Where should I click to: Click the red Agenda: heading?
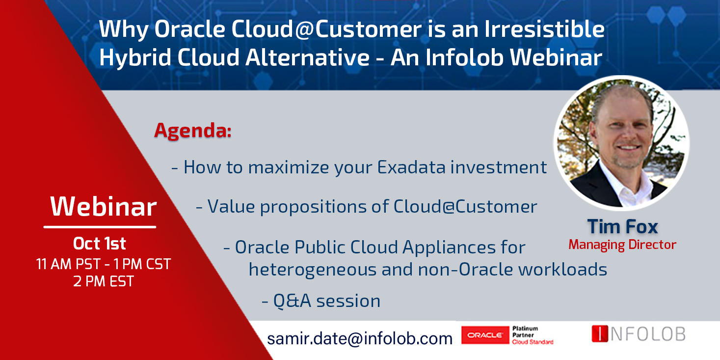click(193, 131)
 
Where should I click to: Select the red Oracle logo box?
click(485, 335)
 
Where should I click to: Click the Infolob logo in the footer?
click(639, 333)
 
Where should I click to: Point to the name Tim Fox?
click(623, 226)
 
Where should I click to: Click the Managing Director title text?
click(622, 245)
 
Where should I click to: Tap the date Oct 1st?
click(99, 244)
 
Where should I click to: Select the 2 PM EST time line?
click(103, 281)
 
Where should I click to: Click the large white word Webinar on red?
click(103, 207)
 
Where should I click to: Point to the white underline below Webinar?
click(100, 227)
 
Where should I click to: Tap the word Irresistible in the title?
click(544, 29)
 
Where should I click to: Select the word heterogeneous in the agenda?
click(313, 270)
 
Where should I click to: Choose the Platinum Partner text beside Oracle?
click(525, 332)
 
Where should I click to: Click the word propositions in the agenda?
click(313, 207)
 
